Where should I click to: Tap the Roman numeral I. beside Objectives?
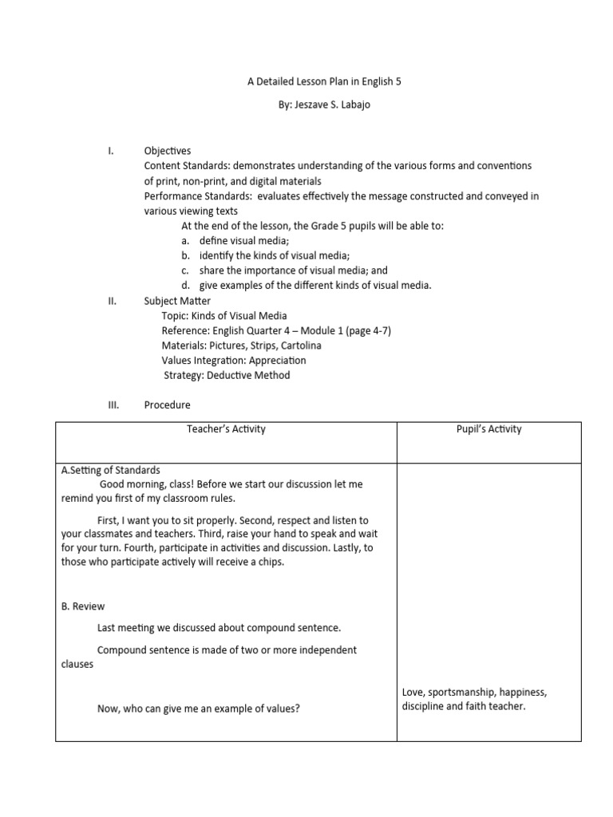(112, 151)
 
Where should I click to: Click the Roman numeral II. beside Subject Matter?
(113, 301)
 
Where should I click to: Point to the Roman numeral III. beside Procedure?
(113, 405)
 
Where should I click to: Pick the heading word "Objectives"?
(167, 151)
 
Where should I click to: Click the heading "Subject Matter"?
(177, 301)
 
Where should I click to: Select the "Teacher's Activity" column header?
(226, 429)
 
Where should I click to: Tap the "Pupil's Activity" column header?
(489, 429)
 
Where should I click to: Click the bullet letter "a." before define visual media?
(185, 241)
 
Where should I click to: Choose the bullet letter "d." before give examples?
(185, 286)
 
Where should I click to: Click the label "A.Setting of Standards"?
(111, 470)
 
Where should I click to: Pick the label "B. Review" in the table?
(83, 606)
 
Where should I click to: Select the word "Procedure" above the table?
(168, 405)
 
